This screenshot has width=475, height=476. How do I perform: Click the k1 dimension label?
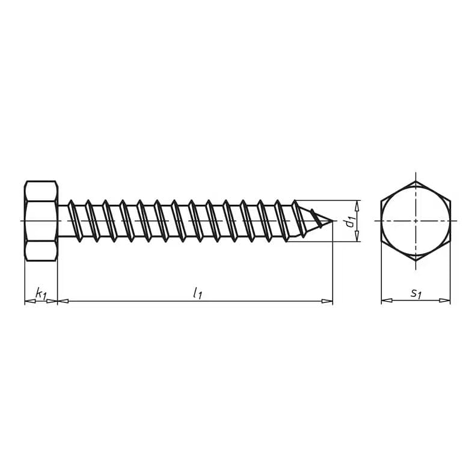coord(41,294)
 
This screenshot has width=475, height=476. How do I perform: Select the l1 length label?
coord(197,293)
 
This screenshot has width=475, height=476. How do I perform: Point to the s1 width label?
coord(415,293)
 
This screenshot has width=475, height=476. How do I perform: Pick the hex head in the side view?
coord(41,221)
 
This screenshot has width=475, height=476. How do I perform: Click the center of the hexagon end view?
coord(415,221)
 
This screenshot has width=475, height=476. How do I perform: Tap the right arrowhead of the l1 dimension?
coord(328,301)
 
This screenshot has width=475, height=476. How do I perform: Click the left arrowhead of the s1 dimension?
coord(386,301)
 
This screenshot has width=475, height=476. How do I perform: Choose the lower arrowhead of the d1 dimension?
coord(357,237)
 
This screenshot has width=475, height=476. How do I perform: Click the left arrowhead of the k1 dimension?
coord(29,301)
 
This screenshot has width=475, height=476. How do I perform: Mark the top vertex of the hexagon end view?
coord(415,180)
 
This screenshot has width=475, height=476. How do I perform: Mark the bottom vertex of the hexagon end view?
coord(415,261)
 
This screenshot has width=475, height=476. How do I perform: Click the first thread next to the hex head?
coord(72,221)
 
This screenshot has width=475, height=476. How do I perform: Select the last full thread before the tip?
coord(282,221)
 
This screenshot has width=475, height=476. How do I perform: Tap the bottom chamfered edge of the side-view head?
coord(41,258)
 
